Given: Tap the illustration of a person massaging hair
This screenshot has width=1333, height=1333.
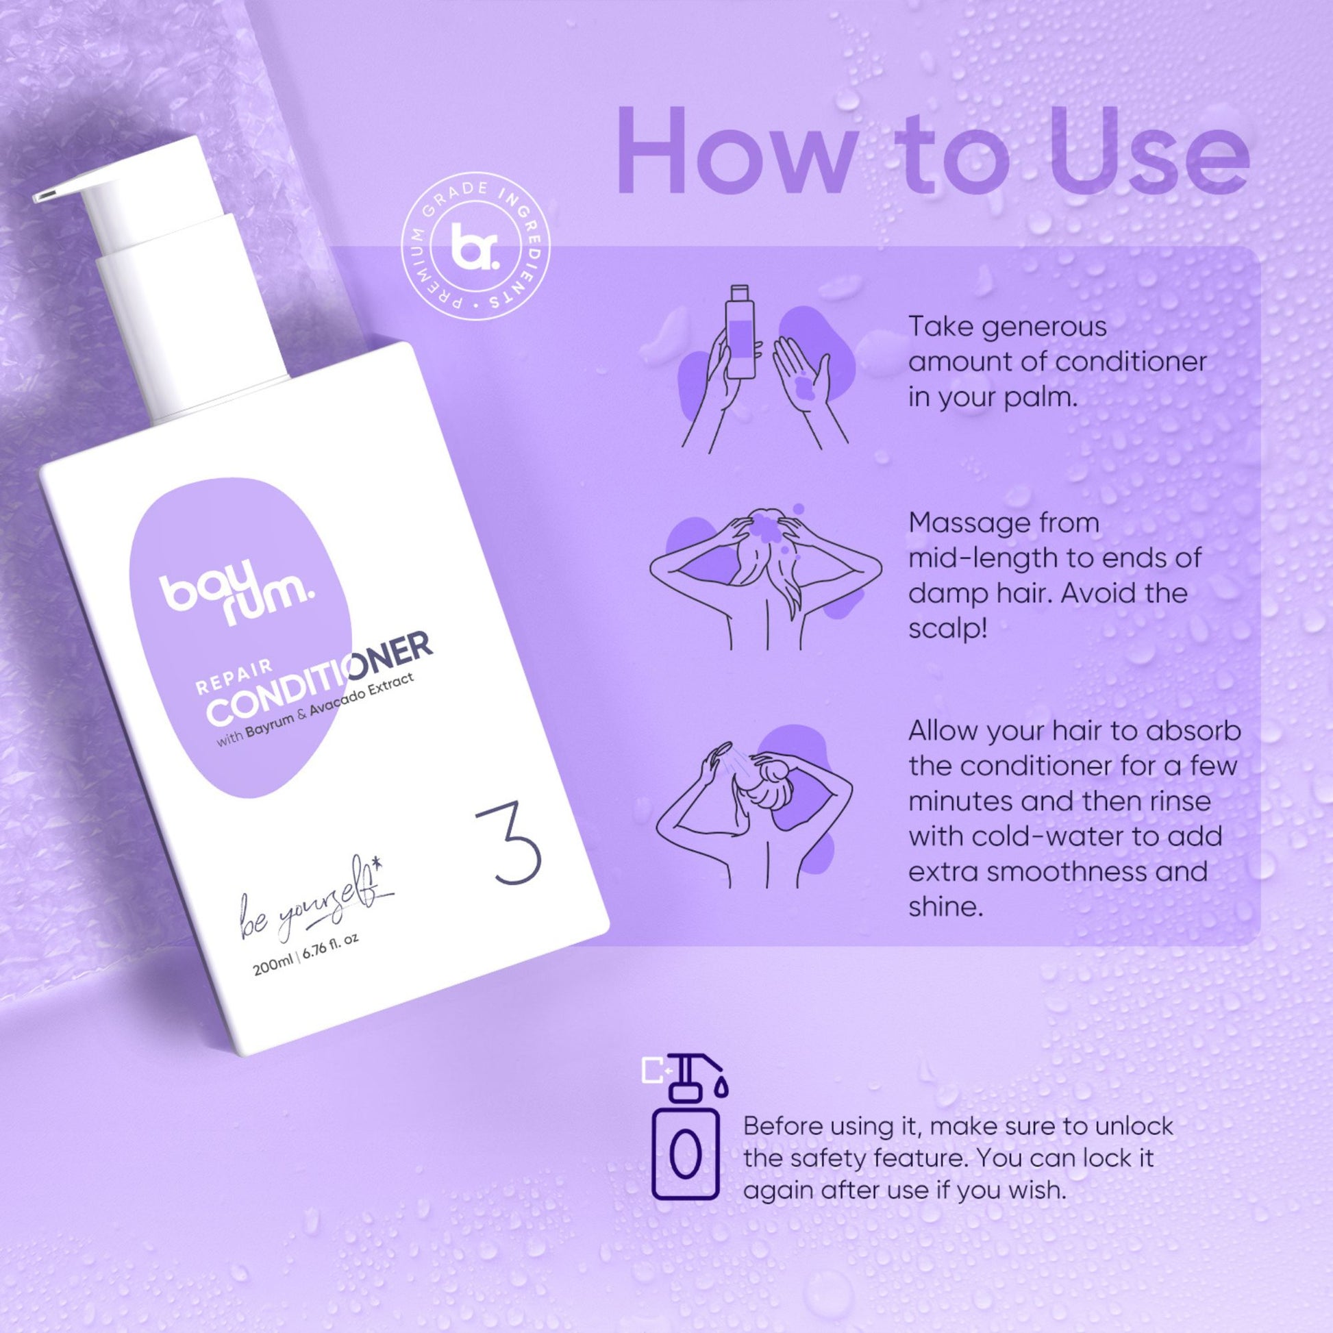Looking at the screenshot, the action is [766, 575].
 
